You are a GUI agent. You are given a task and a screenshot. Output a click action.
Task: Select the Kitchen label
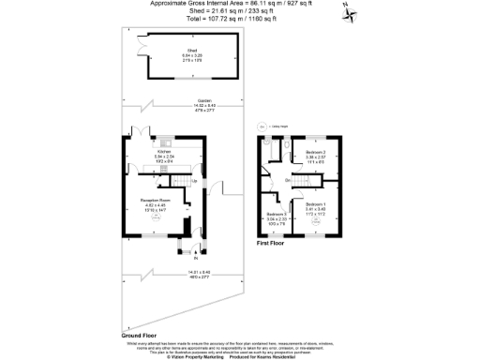point(164,150)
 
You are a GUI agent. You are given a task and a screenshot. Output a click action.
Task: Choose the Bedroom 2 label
point(315,153)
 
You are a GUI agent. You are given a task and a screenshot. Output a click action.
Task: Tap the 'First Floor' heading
point(271,243)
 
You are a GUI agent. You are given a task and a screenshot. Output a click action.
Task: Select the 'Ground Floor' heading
point(137,334)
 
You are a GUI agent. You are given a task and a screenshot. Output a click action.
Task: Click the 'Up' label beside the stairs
point(194,180)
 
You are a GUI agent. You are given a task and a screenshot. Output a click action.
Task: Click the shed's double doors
point(142,42)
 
